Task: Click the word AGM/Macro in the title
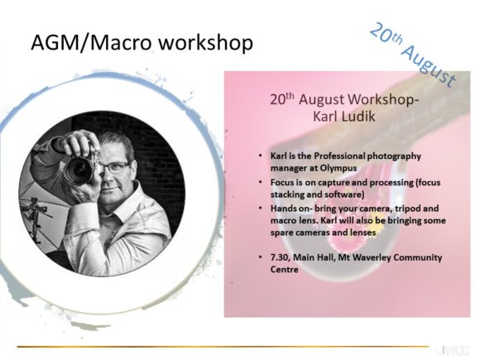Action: (91, 42)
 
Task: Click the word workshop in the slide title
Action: (206, 43)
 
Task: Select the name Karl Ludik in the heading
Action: (343, 117)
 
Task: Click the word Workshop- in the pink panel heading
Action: (383, 99)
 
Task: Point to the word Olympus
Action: (338, 168)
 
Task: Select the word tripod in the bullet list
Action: (408, 209)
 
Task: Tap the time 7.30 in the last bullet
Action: (280, 257)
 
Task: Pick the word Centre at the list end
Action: (284, 270)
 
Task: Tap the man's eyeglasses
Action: (116, 167)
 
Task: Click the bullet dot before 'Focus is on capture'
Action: (260, 182)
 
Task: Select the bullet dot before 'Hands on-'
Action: (260, 208)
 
